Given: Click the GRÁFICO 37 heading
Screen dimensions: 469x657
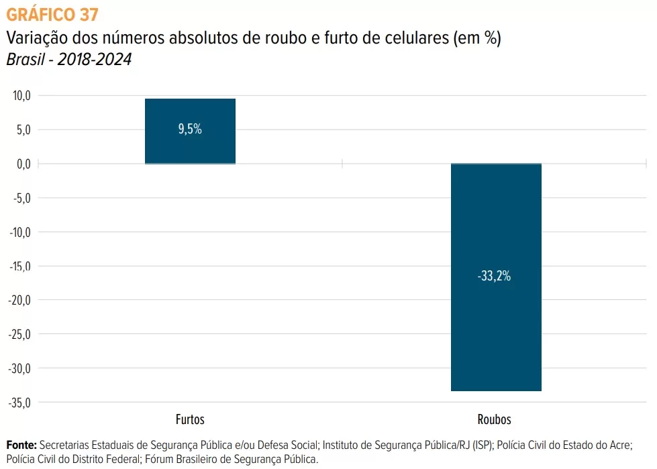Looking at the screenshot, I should (51, 13).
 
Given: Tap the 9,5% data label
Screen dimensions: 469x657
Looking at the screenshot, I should (190, 129).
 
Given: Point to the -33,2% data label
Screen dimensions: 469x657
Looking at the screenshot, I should (495, 276).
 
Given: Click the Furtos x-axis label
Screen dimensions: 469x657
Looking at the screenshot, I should (190, 420).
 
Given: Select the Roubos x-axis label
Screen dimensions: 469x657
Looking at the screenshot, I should (495, 420).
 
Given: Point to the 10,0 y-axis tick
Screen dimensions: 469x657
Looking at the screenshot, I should (22, 96).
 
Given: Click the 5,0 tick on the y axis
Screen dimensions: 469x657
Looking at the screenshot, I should (23, 130).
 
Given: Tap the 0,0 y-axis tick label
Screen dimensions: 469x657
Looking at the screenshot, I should (23, 164).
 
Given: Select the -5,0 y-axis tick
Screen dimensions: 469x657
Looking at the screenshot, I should (22, 199).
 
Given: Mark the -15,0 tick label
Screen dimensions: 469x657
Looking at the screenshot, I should (20, 266).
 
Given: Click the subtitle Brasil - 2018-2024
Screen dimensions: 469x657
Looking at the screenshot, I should (69, 60).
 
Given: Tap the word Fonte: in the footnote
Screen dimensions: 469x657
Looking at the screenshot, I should (21, 445).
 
